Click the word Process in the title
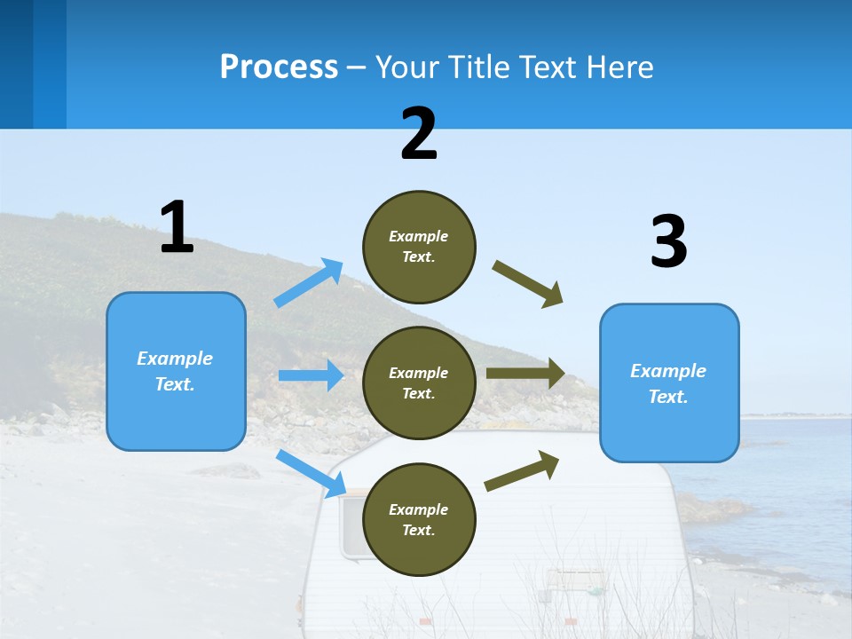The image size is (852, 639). pyautogui.click(x=279, y=67)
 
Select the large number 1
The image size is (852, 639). pyautogui.click(x=177, y=228)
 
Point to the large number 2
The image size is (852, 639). pyautogui.click(x=419, y=134)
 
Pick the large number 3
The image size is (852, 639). pyautogui.click(x=668, y=242)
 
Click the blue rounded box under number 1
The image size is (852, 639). pyautogui.click(x=176, y=371)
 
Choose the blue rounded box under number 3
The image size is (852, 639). pyautogui.click(x=669, y=383)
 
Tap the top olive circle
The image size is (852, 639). pyautogui.click(x=419, y=246)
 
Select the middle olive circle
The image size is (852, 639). pyautogui.click(x=419, y=383)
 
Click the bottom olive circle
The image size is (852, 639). pyautogui.click(x=419, y=519)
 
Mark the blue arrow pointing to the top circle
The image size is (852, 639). pyautogui.click(x=309, y=282)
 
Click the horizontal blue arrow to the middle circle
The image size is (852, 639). pyautogui.click(x=311, y=375)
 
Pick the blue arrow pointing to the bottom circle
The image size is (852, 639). pyautogui.click(x=311, y=473)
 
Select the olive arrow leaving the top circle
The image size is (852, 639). pyautogui.click(x=528, y=283)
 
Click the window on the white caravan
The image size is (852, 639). pyautogui.click(x=351, y=528)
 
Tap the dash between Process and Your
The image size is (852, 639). pyautogui.click(x=357, y=68)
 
